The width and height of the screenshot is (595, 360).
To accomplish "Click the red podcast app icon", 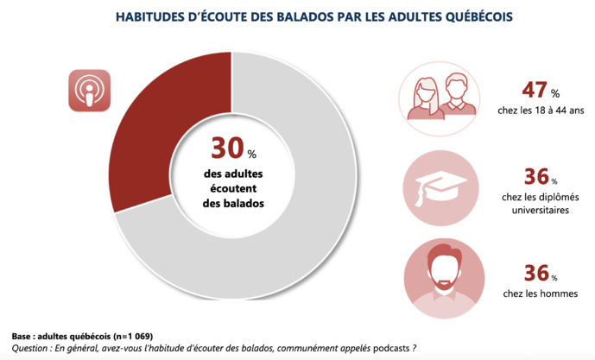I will [89, 90].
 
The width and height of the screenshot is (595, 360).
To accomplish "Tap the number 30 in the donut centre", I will [227, 149].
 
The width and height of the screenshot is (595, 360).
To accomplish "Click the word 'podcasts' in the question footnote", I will [383, 348].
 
